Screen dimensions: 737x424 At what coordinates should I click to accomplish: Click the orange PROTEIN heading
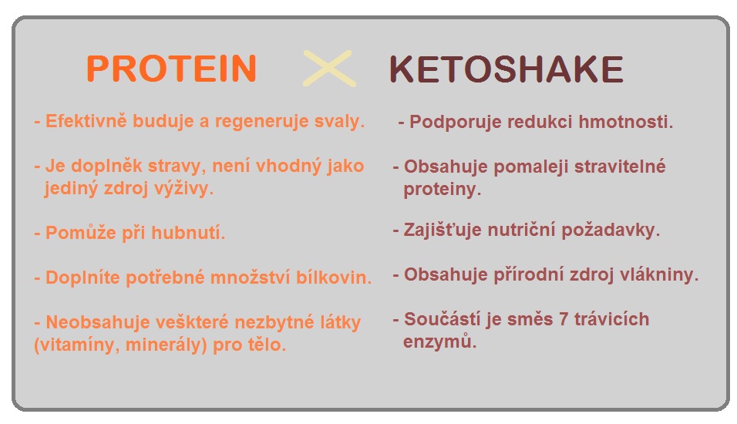172,69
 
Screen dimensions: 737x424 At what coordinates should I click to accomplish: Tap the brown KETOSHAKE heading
506,69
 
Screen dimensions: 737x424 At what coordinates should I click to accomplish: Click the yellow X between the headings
329,68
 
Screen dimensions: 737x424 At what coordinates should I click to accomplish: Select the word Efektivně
86,121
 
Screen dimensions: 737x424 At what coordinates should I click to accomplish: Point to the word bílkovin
334,278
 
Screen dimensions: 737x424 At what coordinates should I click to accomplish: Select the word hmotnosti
626,122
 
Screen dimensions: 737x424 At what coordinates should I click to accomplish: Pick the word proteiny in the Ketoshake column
443,189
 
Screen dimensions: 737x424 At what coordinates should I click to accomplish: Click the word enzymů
440,342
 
